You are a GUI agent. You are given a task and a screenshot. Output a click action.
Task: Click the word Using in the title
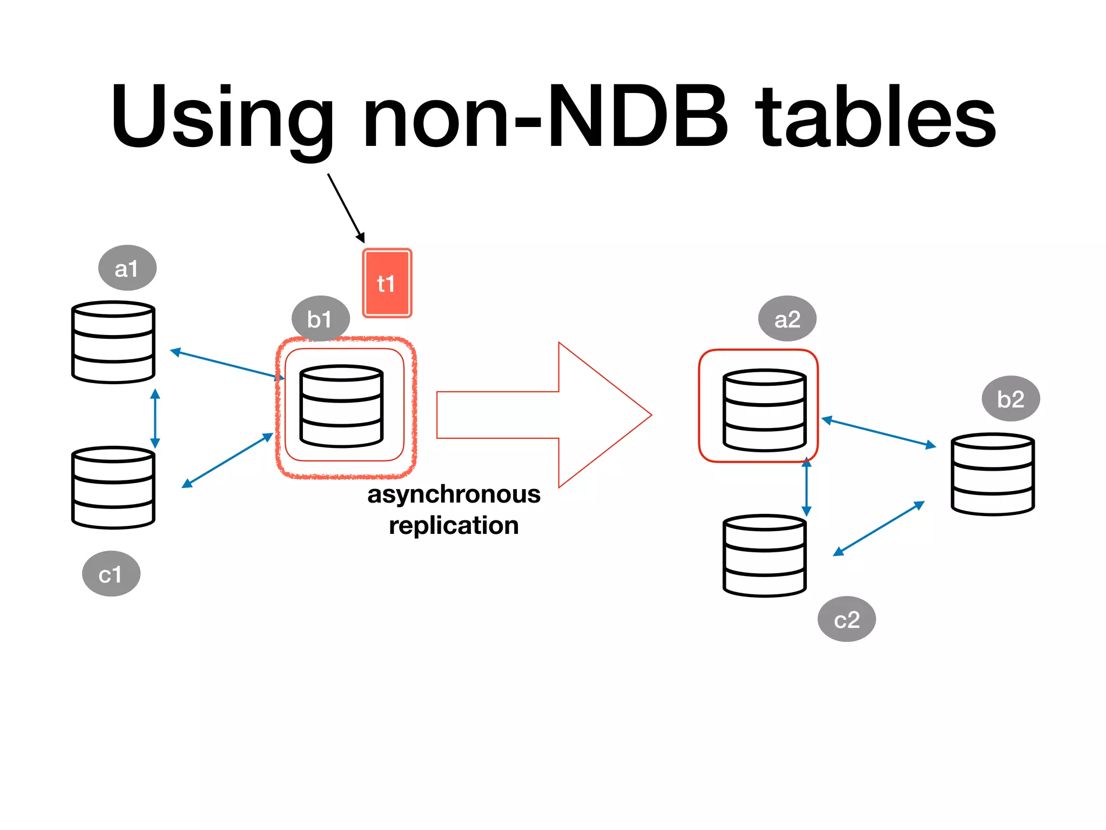pos(221,116)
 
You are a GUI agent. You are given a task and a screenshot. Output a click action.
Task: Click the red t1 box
pos(387,283)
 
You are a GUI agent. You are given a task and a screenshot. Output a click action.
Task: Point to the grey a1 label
pos(127,268)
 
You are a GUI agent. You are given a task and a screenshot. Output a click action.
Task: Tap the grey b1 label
pos(320,319)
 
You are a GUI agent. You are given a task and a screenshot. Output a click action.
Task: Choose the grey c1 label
pos(111,574)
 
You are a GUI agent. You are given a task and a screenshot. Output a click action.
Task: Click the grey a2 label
pos(787,319)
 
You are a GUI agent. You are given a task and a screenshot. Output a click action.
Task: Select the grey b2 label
pos(1010,399)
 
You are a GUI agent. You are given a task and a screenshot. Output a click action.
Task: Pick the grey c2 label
pos(846,619)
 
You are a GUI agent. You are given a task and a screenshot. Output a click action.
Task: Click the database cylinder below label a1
pos(113,342)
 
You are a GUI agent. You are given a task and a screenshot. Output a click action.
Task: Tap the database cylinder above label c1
pos(113,487)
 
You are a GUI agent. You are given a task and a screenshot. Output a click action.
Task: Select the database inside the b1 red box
pos(341,406)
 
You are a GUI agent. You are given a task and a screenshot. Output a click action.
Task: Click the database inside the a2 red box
pos(764,410)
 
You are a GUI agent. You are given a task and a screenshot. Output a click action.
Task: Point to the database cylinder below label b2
pos(992,474)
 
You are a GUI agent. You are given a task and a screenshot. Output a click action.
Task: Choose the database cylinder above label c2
pos(764,555)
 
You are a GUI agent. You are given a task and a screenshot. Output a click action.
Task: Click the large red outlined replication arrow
pos(540,415)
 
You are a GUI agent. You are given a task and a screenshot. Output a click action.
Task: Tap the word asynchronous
pos(454,494)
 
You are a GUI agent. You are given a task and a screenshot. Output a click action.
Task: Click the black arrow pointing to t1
pos(346,207)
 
